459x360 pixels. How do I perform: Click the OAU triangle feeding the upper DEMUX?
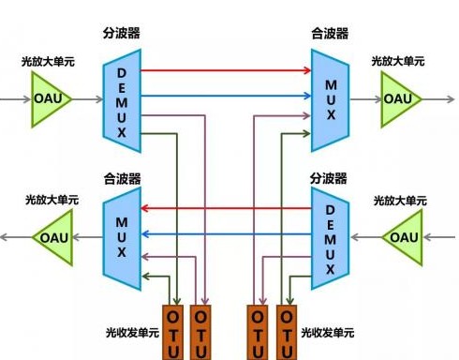[48, 97]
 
